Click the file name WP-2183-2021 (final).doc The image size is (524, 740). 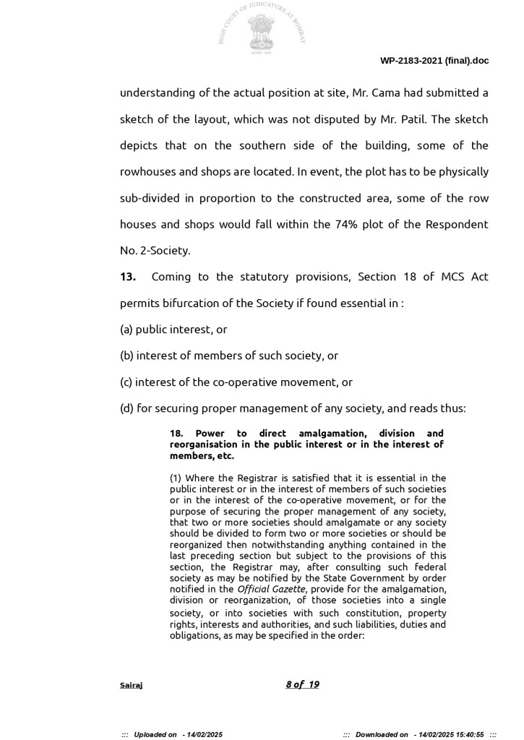pos(434,61)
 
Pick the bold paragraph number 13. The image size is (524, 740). pos(128,277)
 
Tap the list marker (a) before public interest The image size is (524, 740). pos(126,329)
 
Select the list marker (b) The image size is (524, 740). pos(126,356)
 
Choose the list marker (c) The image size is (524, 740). pos(126,382)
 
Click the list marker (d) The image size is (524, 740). pos(126,408)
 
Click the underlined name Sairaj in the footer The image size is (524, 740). pos(131,685)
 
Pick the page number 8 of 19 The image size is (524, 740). pos(302,684)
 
